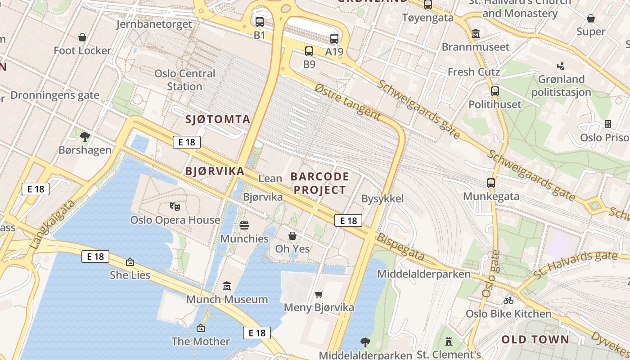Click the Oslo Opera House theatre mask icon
tap(175, 207)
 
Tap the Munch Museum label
tap(227, 299)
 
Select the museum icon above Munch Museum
tap(227, 286)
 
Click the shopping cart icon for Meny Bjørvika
tap(319, 294)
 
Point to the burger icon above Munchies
tap(244, 225)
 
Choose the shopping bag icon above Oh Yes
tap(292, 235)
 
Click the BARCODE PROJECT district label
tap(319, 183)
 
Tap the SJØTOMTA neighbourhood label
tap(218, 119)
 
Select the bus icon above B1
tap(260, 22)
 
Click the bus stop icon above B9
tap(309, 51)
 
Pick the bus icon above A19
tap(334, 39)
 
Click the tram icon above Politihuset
tap(495, 91)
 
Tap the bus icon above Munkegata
tap(491, 183)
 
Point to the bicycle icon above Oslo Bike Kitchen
tap(508, 300)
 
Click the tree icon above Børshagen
tap(85, 136)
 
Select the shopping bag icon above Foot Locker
tap(82, 37)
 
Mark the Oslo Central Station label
tap(184, 80)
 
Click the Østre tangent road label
tap(347, 101)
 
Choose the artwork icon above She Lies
tap(130, 261)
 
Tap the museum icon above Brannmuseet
tap(476, 33)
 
